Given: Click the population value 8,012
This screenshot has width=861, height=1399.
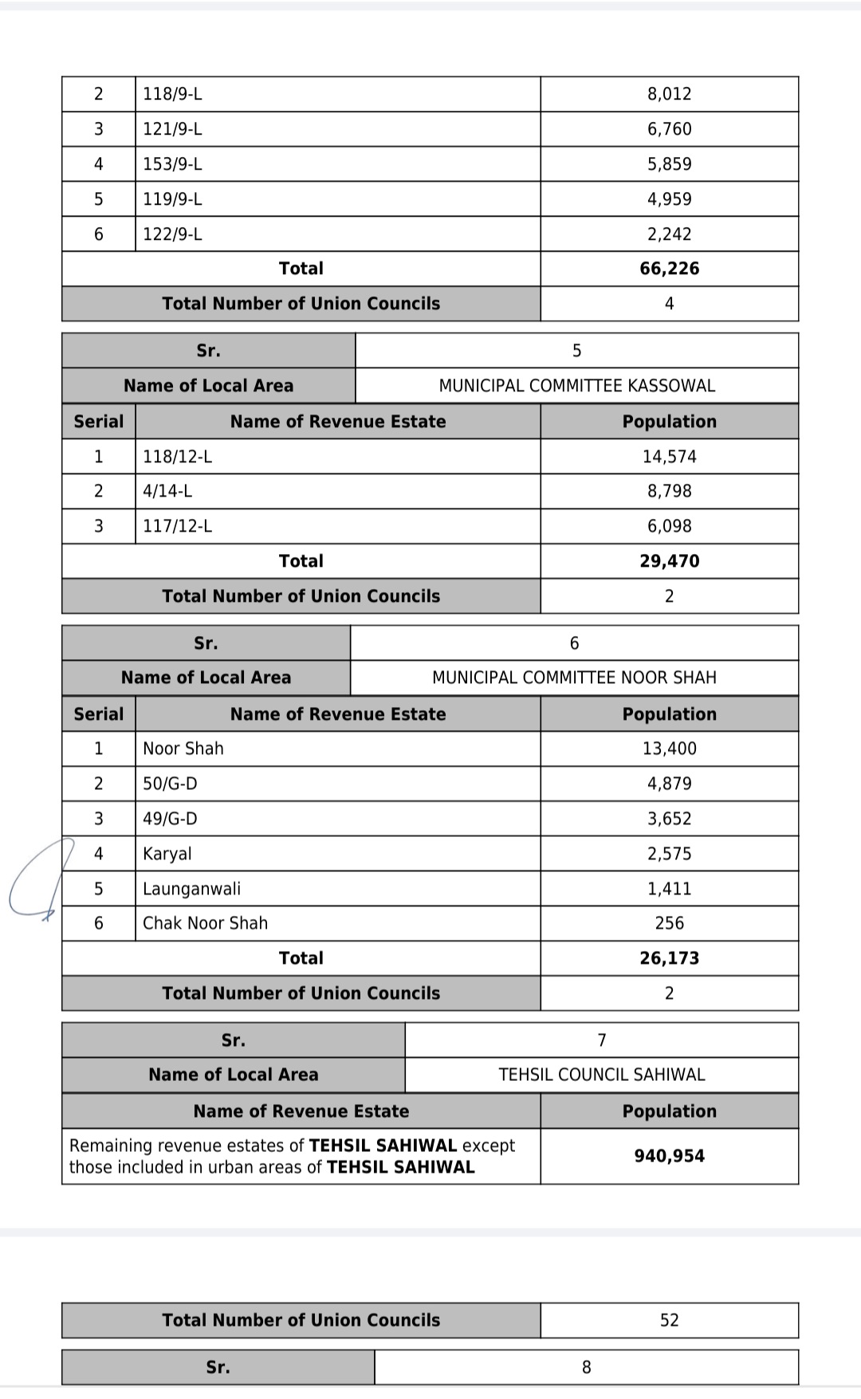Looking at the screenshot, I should (x=669, y=94).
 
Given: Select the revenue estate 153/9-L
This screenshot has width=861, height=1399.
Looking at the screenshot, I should (x=172, y=164).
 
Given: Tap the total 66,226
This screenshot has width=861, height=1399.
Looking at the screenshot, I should (x=669, y=269).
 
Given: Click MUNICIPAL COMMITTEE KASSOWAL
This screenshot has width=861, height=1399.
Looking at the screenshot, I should (x=576, y=386).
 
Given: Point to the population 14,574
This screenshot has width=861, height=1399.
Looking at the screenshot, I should (x=669, y=457).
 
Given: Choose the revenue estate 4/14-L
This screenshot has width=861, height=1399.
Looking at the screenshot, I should (x=167, y=491).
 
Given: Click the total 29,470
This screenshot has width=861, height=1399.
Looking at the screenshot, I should (x=669, y=561).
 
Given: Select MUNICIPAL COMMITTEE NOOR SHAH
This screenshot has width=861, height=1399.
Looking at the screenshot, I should (x=574, y=678).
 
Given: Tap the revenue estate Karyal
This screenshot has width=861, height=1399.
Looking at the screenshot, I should (x=167, y=854).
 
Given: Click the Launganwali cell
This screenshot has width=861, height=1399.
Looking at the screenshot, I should (x=191, y=889).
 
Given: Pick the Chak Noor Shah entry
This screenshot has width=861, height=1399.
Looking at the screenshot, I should (x=205, y=923).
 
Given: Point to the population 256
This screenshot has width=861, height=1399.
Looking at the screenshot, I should (x=669, y=923).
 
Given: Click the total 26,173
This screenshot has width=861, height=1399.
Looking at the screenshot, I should (x=669, y=958).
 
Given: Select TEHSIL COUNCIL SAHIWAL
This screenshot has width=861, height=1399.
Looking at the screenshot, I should (x=601, y=1075).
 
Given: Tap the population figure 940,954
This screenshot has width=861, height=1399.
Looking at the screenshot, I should (x=669, y=1156).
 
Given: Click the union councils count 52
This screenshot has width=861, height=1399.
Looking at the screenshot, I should (x=669, y=1320).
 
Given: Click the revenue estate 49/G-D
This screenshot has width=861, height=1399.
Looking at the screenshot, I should (x=170, y=819).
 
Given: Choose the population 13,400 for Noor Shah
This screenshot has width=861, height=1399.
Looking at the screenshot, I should (x=669, y=749).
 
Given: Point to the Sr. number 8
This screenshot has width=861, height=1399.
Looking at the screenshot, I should (x=586, y=1367).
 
